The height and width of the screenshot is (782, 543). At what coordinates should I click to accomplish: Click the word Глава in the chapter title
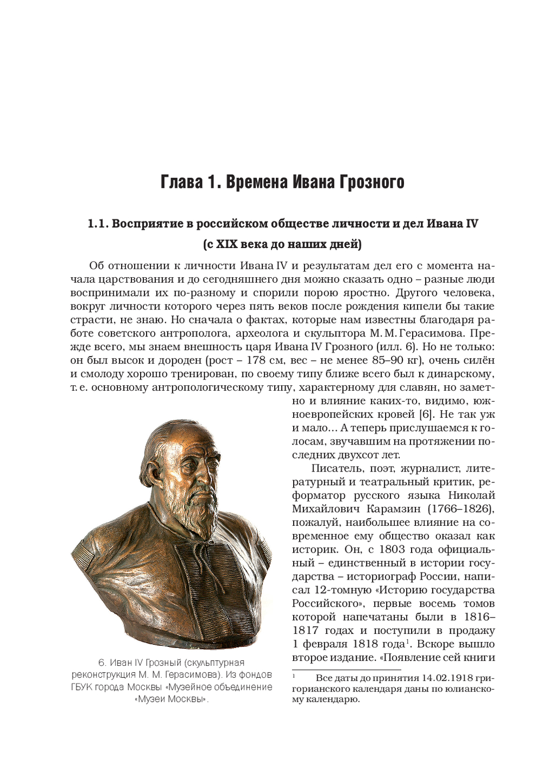(182, 182)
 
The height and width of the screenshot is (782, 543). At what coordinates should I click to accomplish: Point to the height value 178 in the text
(256, 360)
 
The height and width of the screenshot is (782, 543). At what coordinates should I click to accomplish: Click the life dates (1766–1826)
(460, 509)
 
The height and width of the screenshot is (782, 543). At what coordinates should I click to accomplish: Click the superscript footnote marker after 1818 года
(407, 641)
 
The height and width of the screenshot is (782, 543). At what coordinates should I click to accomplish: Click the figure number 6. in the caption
(102, 663)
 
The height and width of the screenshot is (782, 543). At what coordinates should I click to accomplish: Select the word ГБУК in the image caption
(82, 687)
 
